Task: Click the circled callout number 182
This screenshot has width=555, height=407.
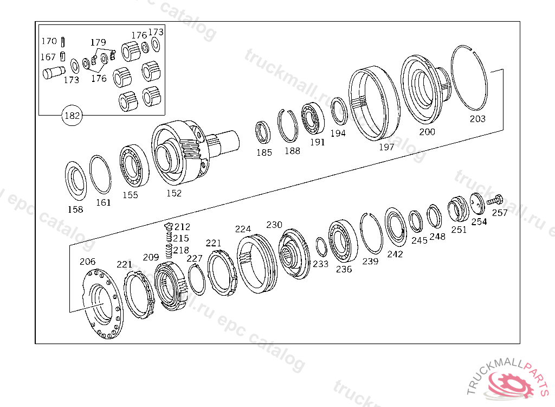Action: coord(72,115)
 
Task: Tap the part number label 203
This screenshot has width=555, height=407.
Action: coord(477,119)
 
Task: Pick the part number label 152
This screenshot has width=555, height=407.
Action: coord(174,193)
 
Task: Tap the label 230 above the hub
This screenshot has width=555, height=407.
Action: coord(274,225)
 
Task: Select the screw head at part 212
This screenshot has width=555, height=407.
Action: coord(169,226)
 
